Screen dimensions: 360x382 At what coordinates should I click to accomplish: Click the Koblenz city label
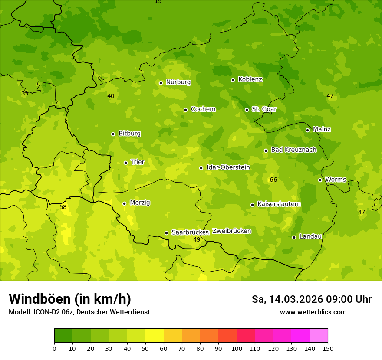[250, 79]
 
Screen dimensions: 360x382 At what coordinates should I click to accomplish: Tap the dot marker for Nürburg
[161, 83]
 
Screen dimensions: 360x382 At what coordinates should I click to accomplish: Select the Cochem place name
[203, 109]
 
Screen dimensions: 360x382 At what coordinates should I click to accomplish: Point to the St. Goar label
[264, 109]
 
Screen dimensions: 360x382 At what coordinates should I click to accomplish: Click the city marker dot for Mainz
[307, 130]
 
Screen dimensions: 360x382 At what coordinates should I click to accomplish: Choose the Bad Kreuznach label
[293, 150]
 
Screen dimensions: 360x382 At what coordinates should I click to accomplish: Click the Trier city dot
[125, 163]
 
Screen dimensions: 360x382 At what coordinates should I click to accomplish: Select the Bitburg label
[129, 134]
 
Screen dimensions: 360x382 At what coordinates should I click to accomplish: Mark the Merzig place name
[140, 203]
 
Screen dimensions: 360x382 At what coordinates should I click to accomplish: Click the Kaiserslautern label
[279, 204]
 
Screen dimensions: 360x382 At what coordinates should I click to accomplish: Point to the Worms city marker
[320, 180]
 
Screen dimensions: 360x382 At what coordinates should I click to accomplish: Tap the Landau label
[310, 236]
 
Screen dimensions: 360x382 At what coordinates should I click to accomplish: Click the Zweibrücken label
[231, 231]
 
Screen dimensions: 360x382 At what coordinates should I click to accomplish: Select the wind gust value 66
[273, 180]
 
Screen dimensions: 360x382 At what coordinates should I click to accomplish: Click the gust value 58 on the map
[63, 207]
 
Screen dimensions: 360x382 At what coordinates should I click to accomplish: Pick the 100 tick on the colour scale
[237, 348]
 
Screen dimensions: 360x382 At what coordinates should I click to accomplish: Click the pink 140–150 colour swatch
[319, 336]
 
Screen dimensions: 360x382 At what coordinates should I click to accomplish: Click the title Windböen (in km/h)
[70, 299]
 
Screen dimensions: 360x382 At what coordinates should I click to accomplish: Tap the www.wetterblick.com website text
[313, 312]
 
